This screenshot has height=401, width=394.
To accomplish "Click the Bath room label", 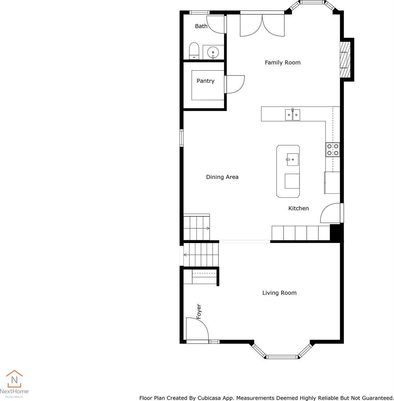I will click(201, 26).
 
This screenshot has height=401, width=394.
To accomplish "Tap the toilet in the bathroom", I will click(194, 51).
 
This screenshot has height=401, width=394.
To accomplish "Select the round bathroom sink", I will click(213, 52).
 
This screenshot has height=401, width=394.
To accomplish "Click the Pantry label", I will click(205, 81).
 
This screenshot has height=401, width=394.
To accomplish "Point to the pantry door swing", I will click(235, 84).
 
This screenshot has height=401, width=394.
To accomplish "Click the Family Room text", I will click(283, 62).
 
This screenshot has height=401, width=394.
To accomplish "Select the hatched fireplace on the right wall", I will click(344, 59).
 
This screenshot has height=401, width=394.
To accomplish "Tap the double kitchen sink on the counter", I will click(292, 115).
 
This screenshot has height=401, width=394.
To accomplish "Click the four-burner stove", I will click(332, 149).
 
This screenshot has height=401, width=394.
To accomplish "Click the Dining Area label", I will click(222, 177).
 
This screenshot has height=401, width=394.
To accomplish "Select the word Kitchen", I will click(298, 209).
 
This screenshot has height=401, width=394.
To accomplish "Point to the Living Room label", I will click(279, 293).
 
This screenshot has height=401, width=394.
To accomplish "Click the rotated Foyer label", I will click(199, 311).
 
